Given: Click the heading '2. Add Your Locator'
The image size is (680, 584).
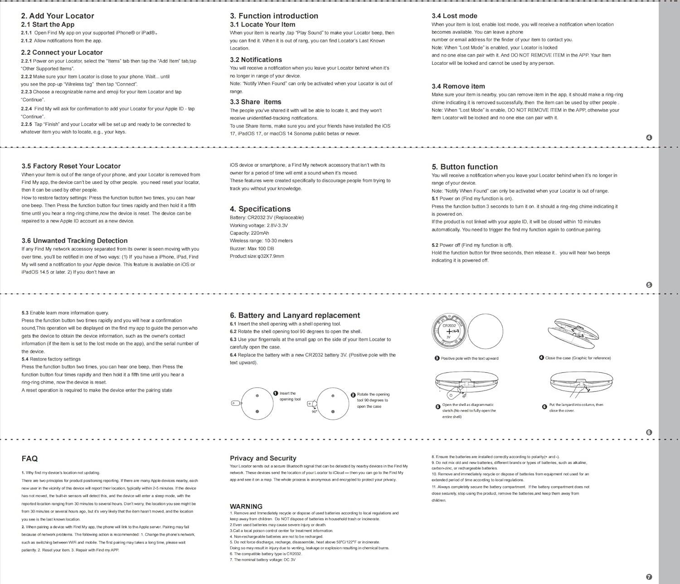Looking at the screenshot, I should point(58,16).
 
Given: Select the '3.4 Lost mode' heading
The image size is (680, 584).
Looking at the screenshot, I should point(454,16).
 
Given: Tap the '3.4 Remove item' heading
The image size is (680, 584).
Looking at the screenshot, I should point(458,86).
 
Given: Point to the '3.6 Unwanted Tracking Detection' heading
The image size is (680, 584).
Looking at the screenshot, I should point(74,241).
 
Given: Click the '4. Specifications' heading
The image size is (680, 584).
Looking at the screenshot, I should point(260,209).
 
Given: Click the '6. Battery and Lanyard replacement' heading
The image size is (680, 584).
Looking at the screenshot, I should point(295,315).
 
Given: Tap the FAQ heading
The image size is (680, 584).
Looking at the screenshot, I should point(29,459).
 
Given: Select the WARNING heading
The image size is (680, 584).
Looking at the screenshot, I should point(246,506).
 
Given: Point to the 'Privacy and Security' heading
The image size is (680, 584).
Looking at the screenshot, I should point(263,458).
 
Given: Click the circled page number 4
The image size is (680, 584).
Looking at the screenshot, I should point(649,138).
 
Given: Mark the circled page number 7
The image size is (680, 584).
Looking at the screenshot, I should point(649,577).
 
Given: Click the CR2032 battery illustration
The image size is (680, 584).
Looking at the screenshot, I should point(449,331).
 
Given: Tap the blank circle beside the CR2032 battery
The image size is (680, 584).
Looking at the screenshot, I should point(485,331).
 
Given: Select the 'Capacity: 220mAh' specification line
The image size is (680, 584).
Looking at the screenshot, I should point(249,233).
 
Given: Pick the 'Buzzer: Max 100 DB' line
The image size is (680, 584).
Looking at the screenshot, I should point(252,248).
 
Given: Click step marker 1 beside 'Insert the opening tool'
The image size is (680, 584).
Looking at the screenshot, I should point(276,393).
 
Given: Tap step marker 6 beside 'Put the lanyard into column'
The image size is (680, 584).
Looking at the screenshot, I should point(544,407).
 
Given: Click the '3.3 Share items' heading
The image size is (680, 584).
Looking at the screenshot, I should point(256,102).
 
